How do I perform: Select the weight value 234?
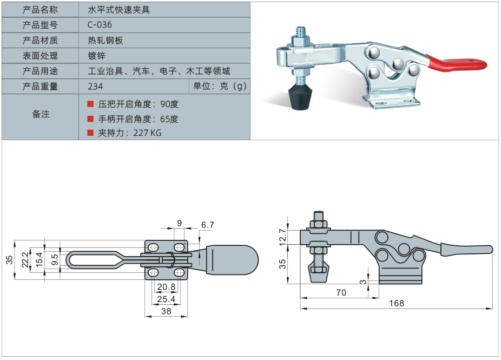tap(95, 87)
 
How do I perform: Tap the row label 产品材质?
tap(40, 41)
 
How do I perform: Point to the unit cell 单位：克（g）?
tap(220, 87)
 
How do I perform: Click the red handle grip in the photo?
tap(457, 63)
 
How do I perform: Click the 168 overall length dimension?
tap(396, 303)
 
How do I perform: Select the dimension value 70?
tap(341, 292)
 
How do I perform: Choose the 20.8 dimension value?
tap(166, 286)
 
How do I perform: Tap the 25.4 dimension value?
tap(166, 298)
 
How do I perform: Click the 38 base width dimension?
tap(166, 311)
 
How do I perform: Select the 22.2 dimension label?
tap(24, 260)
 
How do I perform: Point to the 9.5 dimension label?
tap(54, 260)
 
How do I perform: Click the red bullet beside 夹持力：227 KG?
tap(90, 132)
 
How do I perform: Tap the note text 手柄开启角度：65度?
tap(138, 119)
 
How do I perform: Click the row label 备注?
tap(41, 114)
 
